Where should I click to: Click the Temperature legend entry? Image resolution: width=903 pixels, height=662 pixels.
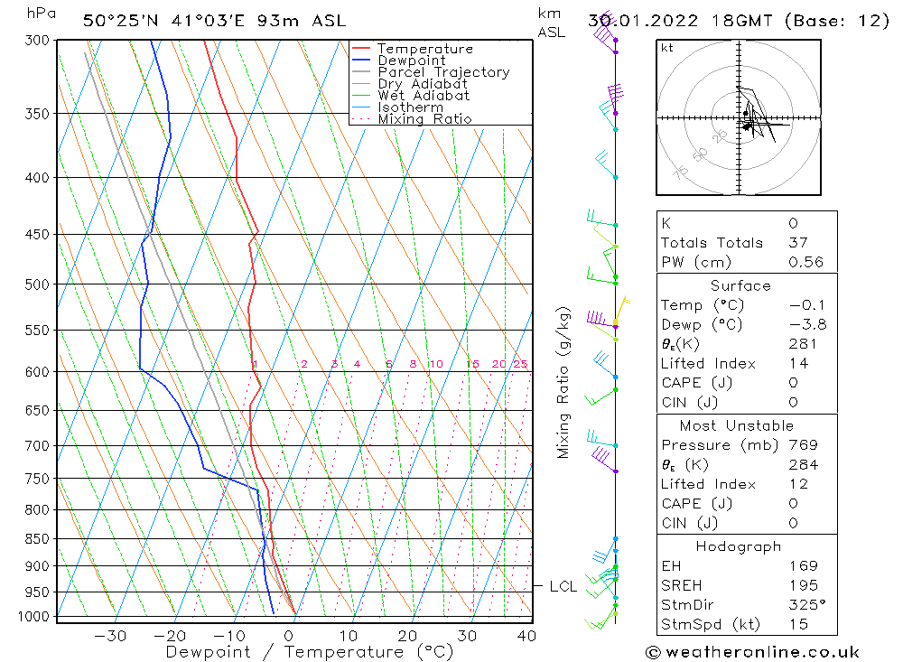pos(424,49)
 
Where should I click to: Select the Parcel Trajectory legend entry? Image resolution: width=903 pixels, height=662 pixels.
pos(442,72)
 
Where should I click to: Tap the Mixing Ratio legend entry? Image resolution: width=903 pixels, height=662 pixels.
pos(424,119)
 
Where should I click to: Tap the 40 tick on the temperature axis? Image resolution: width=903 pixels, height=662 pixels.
pos(526,636)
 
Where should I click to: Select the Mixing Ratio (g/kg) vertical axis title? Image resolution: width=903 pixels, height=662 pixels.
pos(563,383)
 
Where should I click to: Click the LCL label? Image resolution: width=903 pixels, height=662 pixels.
pos(563,587)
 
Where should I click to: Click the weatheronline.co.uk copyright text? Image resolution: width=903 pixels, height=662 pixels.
pos(752,652)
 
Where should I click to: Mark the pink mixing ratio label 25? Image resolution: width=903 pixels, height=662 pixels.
pos(520,365)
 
